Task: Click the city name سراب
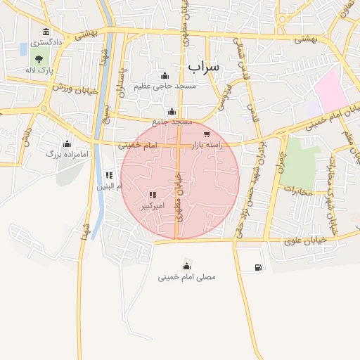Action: click(204, 66)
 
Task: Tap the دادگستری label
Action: click(46, 42)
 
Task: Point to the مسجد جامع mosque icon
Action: click(172, 111)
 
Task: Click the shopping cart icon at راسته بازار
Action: click(206, 134)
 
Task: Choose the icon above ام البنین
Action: click(108, 175)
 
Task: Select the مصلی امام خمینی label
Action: click(186, 276)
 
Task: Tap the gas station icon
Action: click(259, 267)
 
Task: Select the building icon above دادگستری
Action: click(46, 32)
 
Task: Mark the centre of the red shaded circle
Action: click(180, 179)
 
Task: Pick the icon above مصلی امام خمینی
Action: click(186, 265)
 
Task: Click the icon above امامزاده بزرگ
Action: click(66, 143)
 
